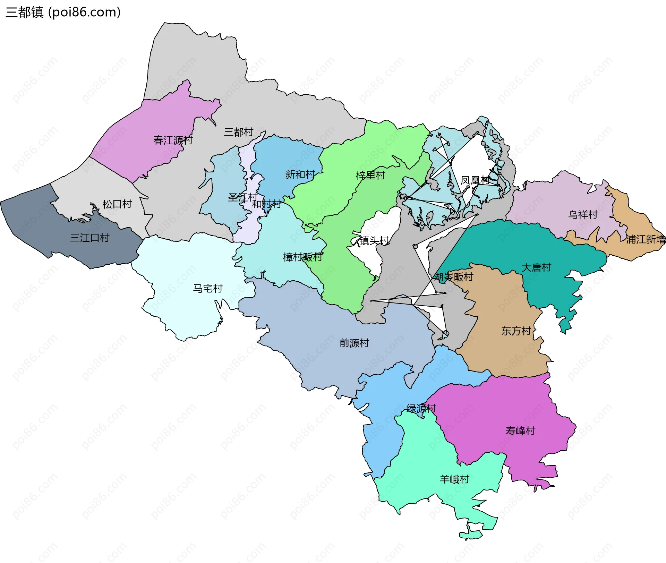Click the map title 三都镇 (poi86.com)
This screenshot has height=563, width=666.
pyautogui.click(x=63, y=12)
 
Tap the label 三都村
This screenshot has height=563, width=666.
pyautogui.click(x=238, y=132)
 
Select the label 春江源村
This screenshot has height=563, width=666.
pyautogui.click(x=173, y=140)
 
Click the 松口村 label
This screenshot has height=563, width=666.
pyautogui.click(x=117, y=204)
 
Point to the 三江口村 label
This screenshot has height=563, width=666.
pyautogui.click(x=89, y=238)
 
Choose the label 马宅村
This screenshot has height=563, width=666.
pyautogui.click(x=207, y=289)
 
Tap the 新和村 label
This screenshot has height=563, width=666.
pyautogui.click(x=300, y=174)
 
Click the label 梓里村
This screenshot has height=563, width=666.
pyautogui.click(x=370, y=176)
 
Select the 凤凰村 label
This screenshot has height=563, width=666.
pyautogui.click(x=475, y=180)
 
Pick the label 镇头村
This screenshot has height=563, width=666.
pyautogui.click(x=374, y=240)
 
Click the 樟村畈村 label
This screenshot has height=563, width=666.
pyautogui.click(x=302, y=257)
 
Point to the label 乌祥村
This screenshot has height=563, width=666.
pyautogui.click(x=583, y=215)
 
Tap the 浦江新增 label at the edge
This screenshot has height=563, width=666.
pyautogui.click(x=646, y=239)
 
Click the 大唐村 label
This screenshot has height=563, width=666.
pyautogui.click(x=536, y=267)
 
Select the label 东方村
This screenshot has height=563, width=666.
pyautogui.click(x=516, y=331)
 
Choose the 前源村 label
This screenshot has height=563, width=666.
pyautogui.click(x=354, y=343)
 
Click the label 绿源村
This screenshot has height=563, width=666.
pyautogui.click(x=421, y=409)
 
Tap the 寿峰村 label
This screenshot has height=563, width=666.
pyautogui.click(x=520, y=431)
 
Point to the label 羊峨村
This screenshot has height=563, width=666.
pyautogui.click(x=454, y=479)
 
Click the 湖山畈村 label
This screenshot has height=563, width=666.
pyautogui.click(x=453, y=277)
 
